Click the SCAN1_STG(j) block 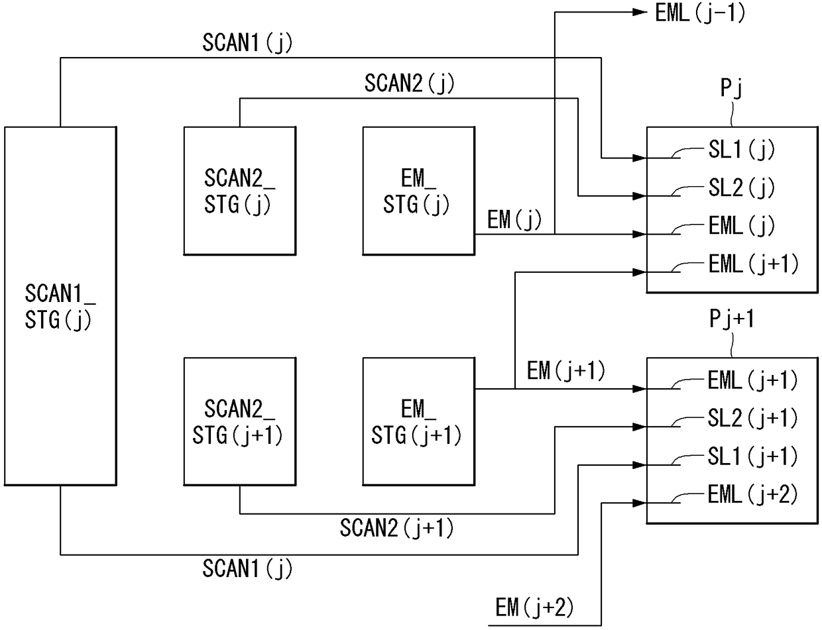click(x=60, y=306)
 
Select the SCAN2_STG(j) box click(x=240, y=191)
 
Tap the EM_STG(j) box click(x=419, y=191)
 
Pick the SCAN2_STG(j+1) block click(x=240, y=421)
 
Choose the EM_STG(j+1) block click(x=419, y=421)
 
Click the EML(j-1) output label click(x=700, y=14)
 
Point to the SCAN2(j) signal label click(x=409, y=83)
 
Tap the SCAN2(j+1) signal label click(x=397, y=528)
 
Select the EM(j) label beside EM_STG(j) click(x=514, y=219)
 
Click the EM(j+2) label click(x=534, y=607)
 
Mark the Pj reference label click(x=731, y=88)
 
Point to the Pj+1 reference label click(x=732, y=319)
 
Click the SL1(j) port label click(x=741, y=150)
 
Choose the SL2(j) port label click(x=741, y=188)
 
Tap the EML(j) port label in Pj click(x=741, y=226)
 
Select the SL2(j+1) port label click(x=753, y=419)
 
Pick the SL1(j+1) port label click(x=753, y=456)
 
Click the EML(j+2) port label click(x=753, y=494)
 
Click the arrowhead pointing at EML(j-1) click(x=640, y=12)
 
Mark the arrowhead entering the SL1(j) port click(x=640, y=158)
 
